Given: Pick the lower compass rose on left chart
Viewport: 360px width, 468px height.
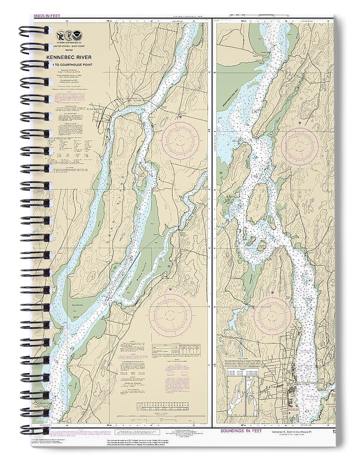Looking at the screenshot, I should [x=171, y=314].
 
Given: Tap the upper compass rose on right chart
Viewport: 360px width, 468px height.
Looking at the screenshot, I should [x=299, y=146].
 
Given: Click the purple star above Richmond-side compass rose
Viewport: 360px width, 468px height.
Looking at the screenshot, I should [x=180, y=117].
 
